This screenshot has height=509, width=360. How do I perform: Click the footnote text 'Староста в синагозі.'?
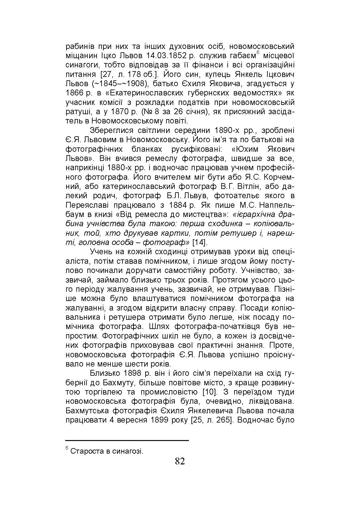(x=107, y=451)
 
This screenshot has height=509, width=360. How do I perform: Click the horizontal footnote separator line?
(x=127, y=441)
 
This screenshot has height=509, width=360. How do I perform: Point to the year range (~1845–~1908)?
(x=117, y=84)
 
